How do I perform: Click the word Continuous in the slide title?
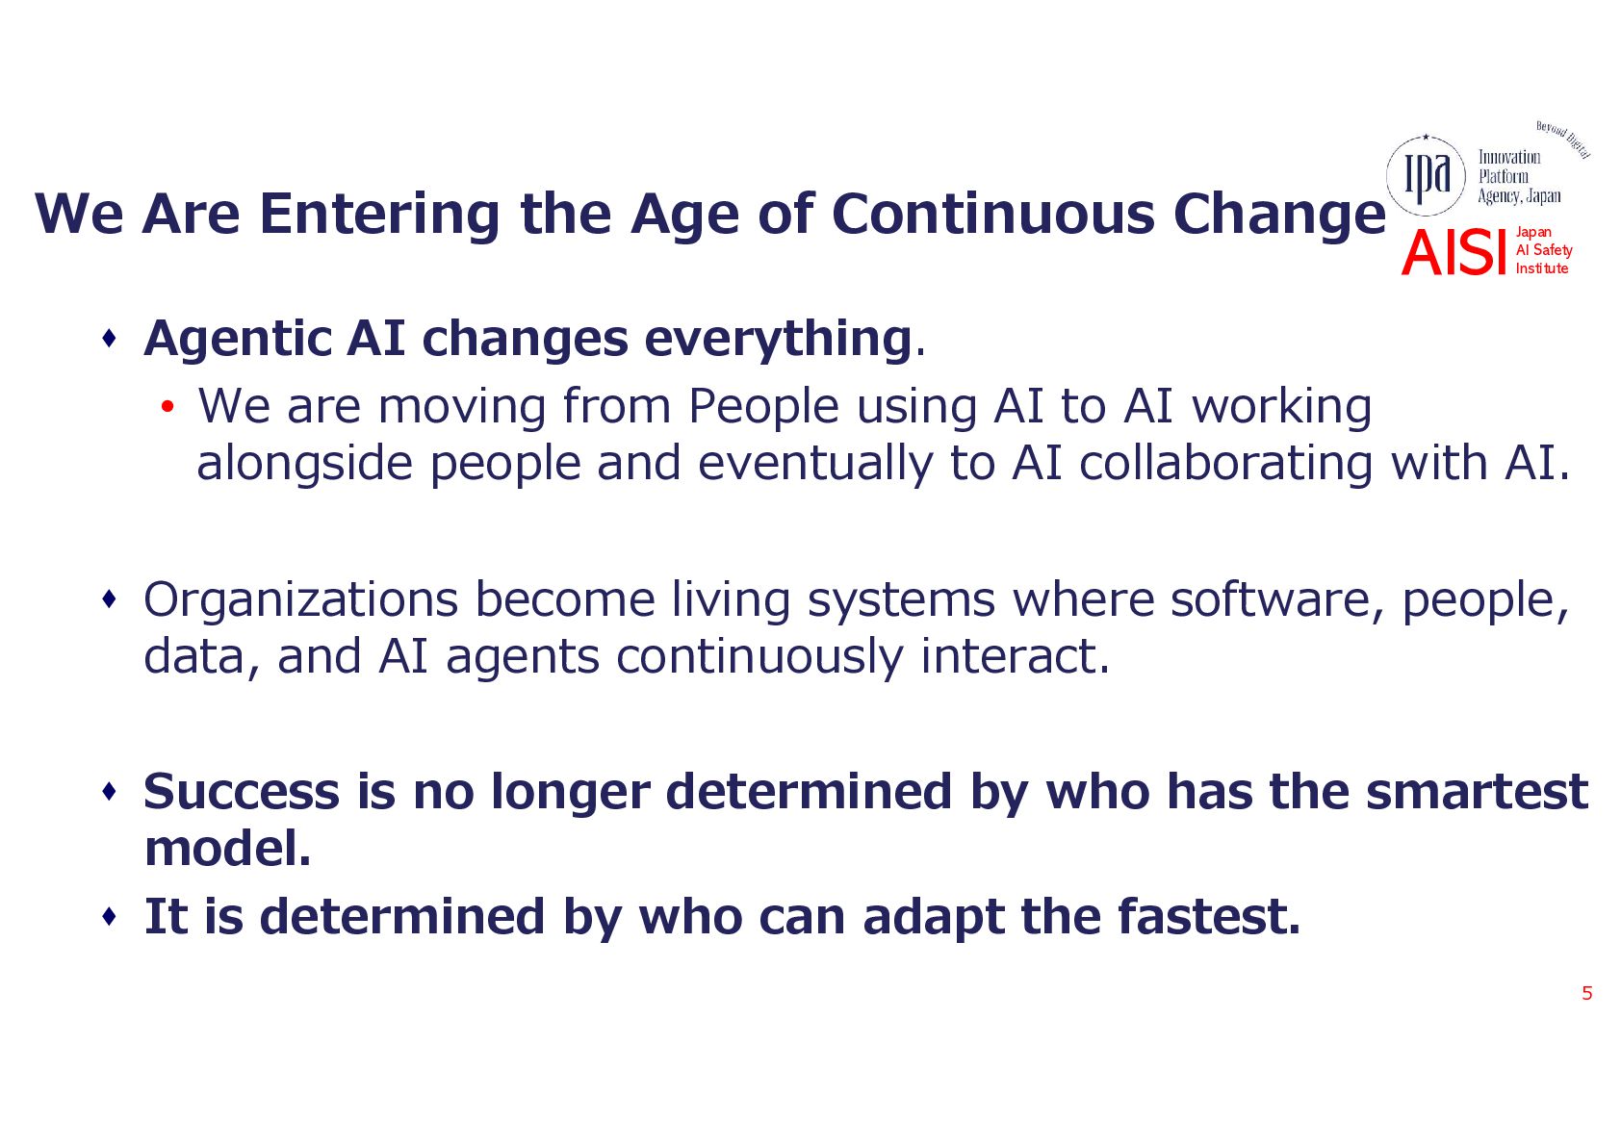click(992, 215)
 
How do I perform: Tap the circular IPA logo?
click(1425, 176)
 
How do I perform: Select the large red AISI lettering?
click(1454, 252)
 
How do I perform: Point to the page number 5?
click(1587, 993)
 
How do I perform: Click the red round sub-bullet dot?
click(167, 407)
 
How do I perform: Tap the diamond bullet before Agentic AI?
click(110, 338)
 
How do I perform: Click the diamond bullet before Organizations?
click(110, 599)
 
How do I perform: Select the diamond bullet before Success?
click(110, 791)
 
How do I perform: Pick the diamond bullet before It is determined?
click(110, 917)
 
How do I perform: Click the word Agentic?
click(238, 340)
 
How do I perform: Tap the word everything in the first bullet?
click(777, 340)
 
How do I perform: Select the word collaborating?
click(1225, 463)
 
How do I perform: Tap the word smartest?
click(1477, 792)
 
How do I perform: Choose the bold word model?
click(227, 848)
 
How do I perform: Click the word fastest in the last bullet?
click(1208, 917)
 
